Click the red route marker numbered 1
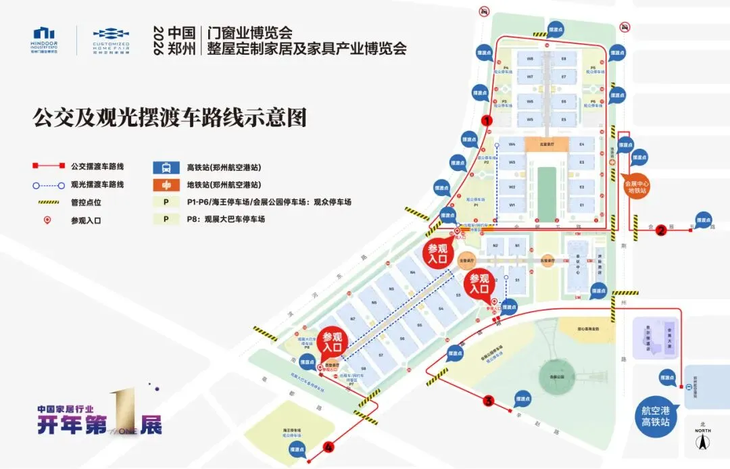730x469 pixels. click(x=486, y=119)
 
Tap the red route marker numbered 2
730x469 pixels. click(x=661, y=230)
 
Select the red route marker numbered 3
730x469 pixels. click(x=489, y=401)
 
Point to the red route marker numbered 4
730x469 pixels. click(x=329, y=446)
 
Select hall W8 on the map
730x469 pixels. click(x=531, y=59)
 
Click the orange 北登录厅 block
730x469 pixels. click(x=547, y=144)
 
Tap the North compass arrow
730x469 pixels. click(x=703, y=443)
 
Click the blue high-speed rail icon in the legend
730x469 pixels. click(x=165, y=166)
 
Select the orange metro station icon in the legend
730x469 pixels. click(x=165, y=184)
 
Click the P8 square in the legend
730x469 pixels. click(x=165, y=219)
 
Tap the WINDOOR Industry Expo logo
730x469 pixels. click(x=45, y=42)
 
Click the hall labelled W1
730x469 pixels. click(x=512, y=205)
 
